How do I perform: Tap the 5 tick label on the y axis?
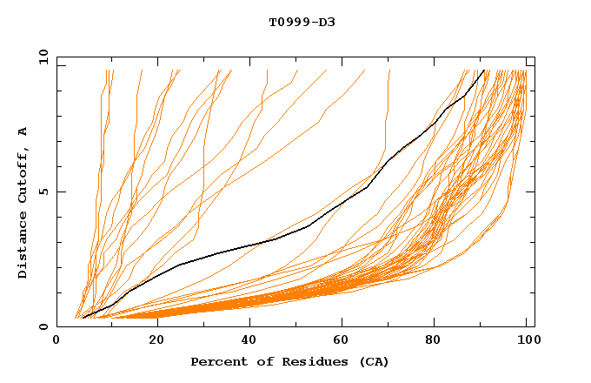tap(42, 191)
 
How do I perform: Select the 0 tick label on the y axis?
tap(42, 326)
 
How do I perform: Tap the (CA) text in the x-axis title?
tap(375, 361)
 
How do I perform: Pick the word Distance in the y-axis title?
tap(23, 247)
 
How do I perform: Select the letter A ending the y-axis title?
tap(23, 131)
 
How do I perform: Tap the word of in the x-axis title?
tap(256, 361)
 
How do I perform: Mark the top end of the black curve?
tap(483, 71)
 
